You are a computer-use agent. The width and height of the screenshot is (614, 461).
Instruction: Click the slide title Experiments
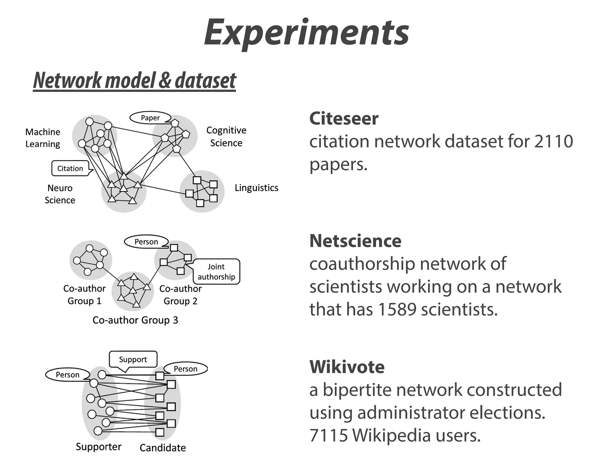(x=306, y=32)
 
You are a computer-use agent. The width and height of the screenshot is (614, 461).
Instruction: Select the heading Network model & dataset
(x=135, y=80)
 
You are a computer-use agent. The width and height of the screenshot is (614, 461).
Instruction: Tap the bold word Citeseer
(x=344, y=118)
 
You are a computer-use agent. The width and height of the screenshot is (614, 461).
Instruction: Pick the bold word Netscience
(x=355, y=241)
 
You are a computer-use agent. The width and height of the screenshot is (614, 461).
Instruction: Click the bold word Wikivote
(x=347, y=367)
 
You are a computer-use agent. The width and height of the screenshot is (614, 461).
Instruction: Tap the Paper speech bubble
(x=150, y=118)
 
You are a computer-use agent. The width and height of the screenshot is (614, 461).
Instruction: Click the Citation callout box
(x=70, y=168)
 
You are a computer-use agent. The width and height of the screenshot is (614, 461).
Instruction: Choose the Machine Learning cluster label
(x=43, y=138)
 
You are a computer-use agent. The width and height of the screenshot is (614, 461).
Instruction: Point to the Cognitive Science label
(x=226, y=137)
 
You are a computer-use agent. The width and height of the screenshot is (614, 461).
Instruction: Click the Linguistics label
(x=256, y=188)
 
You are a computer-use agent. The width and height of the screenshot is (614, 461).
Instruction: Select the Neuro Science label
(x=60, y=194)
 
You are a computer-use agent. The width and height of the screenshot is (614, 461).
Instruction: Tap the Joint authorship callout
(x=216, y=272)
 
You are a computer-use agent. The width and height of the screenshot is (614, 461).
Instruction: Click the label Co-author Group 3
(x=135, y=320)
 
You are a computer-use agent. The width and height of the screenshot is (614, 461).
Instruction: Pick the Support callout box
(x=133, y=359)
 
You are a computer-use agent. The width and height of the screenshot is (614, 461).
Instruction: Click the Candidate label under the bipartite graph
(x=162, y=448)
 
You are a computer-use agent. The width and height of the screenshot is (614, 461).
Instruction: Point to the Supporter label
(x=98, y=447)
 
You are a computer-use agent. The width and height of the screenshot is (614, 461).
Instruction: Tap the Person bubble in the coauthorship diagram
(x=146, y=242)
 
